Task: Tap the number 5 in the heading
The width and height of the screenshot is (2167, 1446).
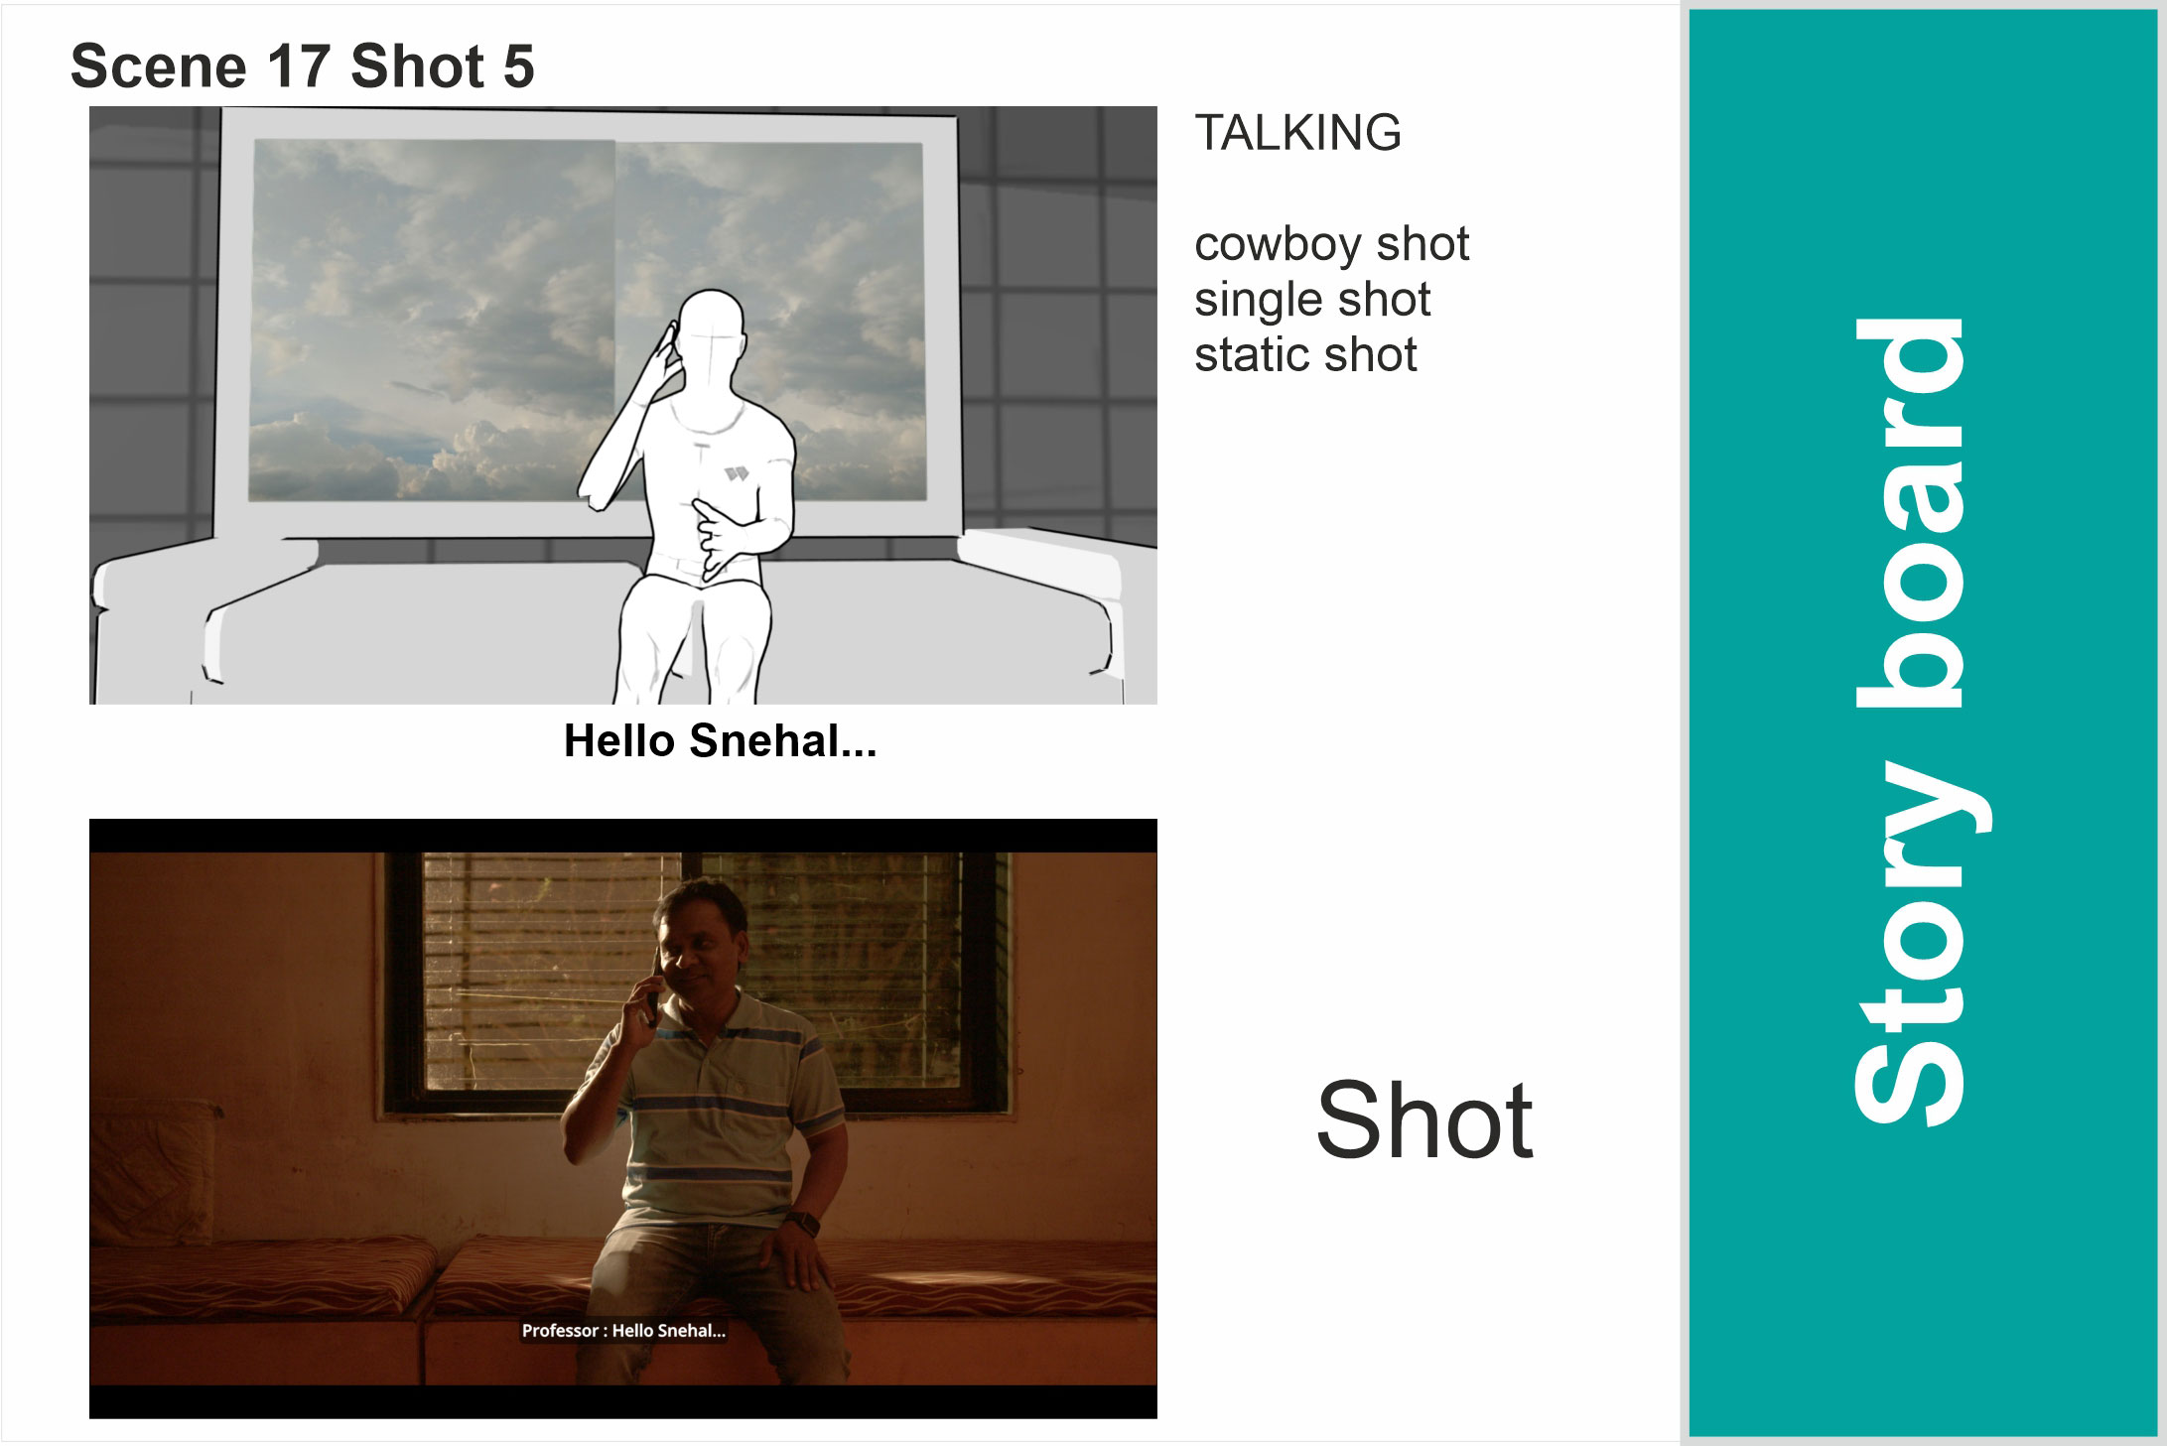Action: (x=518, y=67)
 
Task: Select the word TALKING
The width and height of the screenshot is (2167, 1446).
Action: (x=1297, y=133)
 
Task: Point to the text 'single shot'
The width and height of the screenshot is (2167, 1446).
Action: (x=1312, y=300)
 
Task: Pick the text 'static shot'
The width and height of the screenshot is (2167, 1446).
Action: (x=1305, y=355)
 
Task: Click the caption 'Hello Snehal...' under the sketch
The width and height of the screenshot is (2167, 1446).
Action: (x=720, y=741)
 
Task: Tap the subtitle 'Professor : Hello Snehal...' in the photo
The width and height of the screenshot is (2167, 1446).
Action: (x=623, y=1331)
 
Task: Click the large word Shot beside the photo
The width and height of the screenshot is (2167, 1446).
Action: (x=1424, y=1120)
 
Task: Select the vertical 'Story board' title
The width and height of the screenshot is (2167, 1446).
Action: (x=1909, y=723)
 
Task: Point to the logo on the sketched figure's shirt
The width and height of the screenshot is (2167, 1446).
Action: (x=736, y=473)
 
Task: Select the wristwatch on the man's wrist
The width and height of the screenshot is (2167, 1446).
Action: (x=802, y=1224)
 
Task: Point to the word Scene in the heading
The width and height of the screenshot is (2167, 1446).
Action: (x=159, y=67)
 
